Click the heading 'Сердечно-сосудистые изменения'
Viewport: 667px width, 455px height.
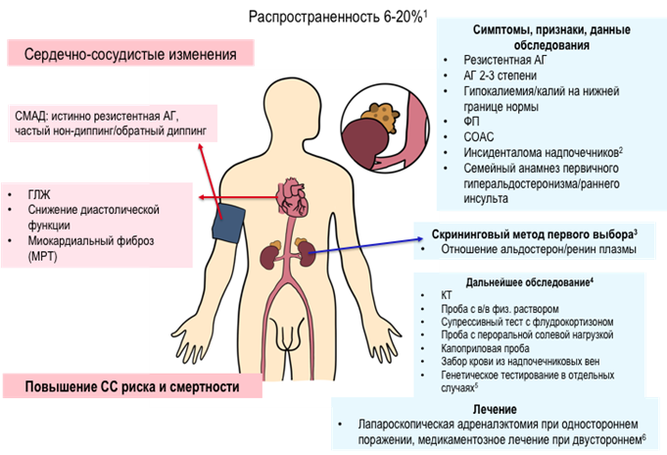pos(130,54)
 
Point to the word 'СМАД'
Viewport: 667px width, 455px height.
pos(38,114)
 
